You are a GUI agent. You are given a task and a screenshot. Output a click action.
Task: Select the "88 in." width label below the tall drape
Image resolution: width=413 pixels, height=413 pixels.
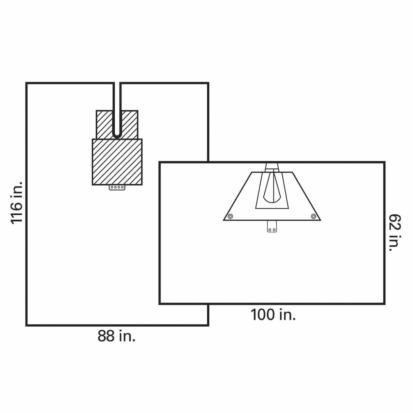[x=116, y=336]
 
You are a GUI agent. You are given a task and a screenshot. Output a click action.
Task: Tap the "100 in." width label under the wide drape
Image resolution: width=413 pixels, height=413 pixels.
[x=273, y=315]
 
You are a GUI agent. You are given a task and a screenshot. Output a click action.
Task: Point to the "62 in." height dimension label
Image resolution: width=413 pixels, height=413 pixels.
[x=395, y=233]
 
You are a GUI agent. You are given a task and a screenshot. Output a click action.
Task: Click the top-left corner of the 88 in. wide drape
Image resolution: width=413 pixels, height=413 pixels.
[x=26, y=83]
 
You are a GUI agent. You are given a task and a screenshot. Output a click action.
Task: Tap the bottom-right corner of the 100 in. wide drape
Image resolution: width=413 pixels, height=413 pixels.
[x=384, y=303]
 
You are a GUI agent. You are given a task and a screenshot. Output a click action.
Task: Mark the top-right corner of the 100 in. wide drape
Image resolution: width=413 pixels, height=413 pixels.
[x=384, y=162]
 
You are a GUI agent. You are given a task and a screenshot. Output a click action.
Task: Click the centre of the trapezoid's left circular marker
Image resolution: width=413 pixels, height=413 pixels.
[x=230, y=216]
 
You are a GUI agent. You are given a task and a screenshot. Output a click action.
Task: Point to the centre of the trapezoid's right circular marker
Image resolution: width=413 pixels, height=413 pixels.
[x=313, y=216]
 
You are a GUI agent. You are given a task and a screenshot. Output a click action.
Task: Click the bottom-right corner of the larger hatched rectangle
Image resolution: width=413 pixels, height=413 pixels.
[x=142, y=185]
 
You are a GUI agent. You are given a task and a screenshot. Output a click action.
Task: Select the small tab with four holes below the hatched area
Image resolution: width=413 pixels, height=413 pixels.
[x=117, y=187]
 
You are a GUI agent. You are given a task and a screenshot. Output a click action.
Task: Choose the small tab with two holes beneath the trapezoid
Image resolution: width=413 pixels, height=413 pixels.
[x=272, y=226]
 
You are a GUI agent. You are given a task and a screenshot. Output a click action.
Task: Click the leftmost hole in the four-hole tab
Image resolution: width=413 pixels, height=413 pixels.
[x=112, y=187]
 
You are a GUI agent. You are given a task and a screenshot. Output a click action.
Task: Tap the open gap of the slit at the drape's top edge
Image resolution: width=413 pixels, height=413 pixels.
[x=117, y=83]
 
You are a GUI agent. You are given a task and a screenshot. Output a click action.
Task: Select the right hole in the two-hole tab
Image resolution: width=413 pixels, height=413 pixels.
[x=274, y=230]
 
